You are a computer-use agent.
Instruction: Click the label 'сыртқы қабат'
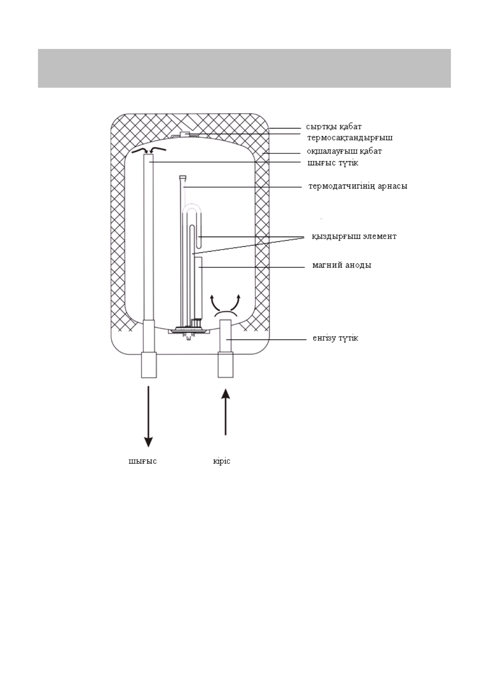(334, 127)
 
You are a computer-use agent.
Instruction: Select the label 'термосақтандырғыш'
(350, 138)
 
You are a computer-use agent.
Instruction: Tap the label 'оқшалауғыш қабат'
(344, 151)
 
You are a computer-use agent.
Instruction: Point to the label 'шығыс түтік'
(333, 163)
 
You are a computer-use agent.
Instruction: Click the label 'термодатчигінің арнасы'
(357, 186)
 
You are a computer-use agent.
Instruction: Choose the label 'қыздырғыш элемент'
(354, 237)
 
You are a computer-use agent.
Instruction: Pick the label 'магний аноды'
(342, 266)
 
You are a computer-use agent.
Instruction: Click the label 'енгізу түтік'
(335, 338)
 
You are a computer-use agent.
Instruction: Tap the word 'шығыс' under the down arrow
(143, 461)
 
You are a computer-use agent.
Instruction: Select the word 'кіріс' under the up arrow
(222, 461)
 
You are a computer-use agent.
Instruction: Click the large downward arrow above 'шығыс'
(148, 416)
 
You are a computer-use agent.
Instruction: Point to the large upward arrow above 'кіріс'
(225, 412)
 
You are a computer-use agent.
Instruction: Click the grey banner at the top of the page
(244, 68)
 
